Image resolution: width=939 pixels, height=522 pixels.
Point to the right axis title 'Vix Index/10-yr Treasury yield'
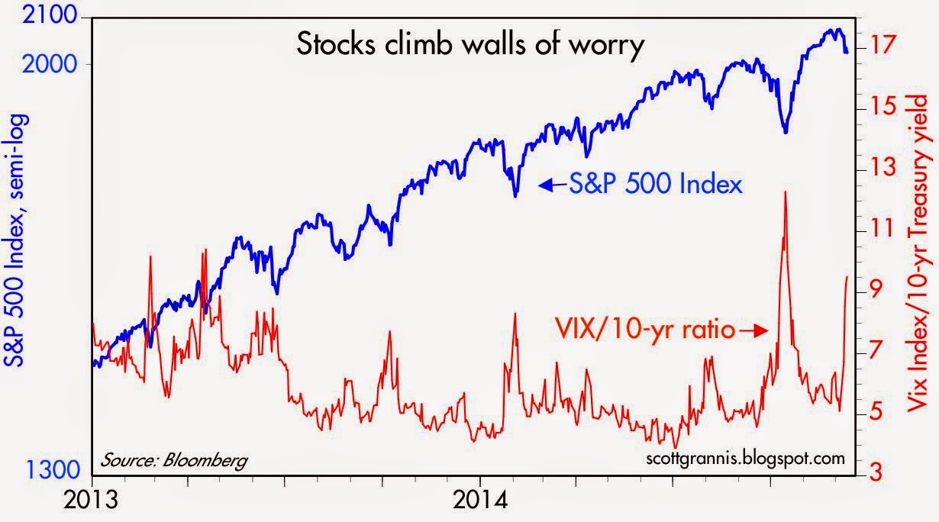click(925, 260)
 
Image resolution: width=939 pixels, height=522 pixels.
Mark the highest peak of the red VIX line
click(785, 192)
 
